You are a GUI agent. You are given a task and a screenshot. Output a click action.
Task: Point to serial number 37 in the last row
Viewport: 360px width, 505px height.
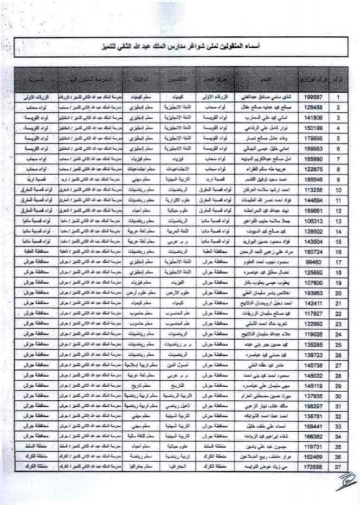tap(339, 466)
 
